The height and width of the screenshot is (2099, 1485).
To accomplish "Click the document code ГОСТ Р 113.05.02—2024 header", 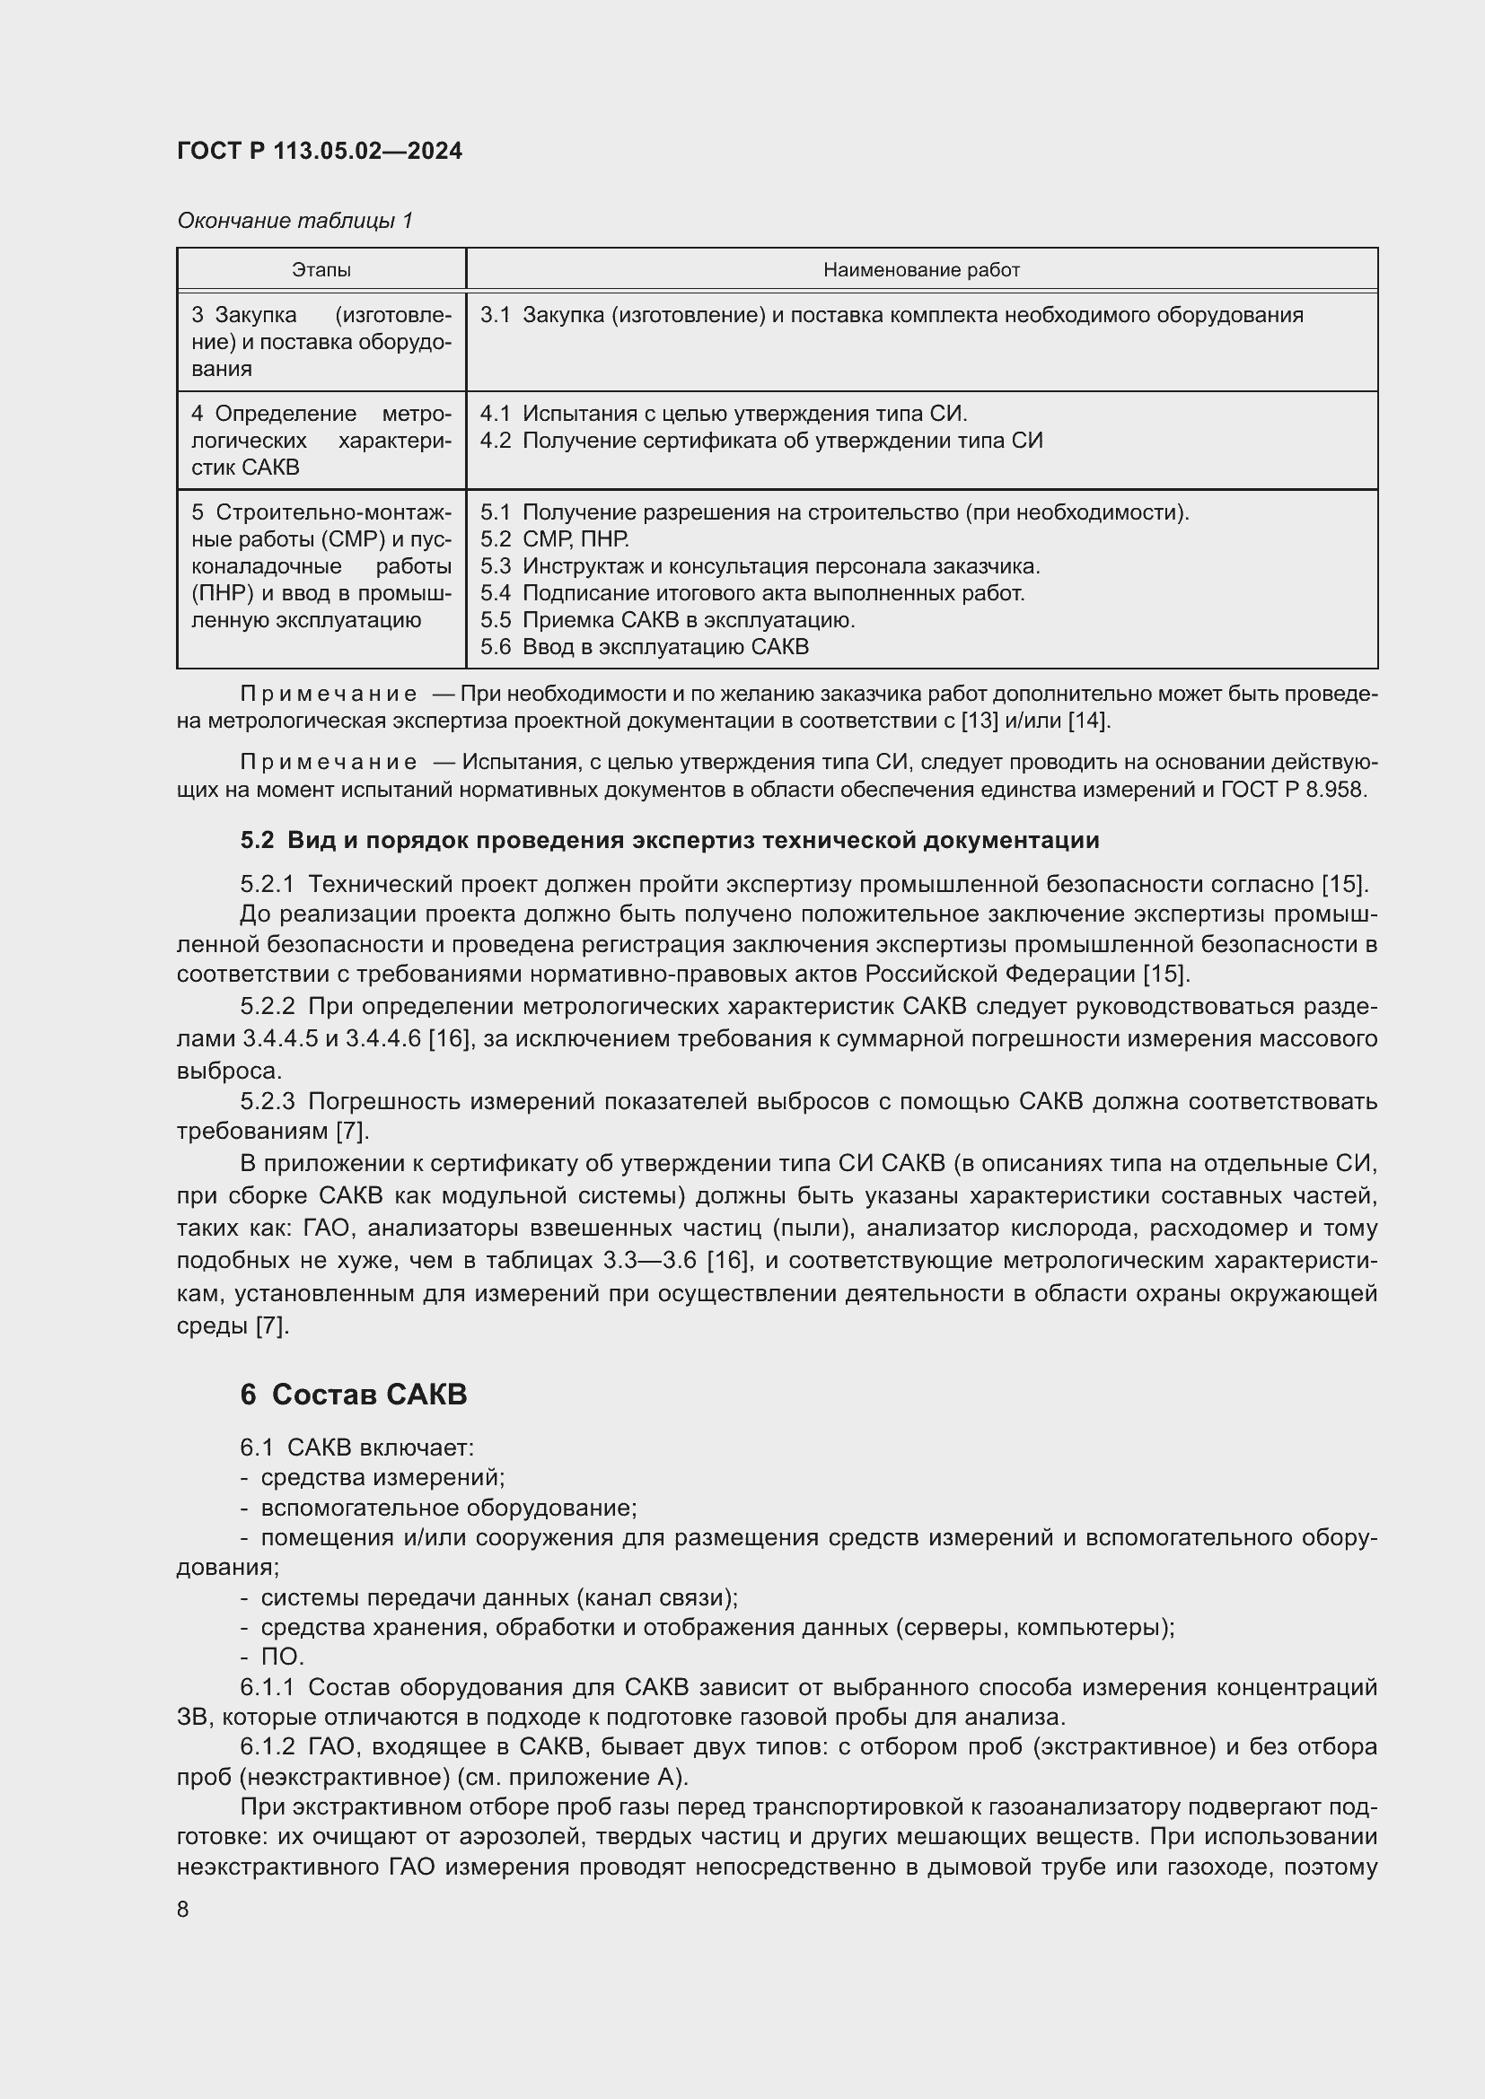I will [x=319, y=151].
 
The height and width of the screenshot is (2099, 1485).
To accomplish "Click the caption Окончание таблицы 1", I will [x=294, y=221].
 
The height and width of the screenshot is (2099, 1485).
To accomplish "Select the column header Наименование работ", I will [x=921, y=270].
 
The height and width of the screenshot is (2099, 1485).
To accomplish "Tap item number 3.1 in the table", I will [x=495, y=315].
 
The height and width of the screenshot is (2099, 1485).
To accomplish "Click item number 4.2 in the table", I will [x=495, y=441].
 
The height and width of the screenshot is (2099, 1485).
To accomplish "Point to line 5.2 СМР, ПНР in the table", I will [x=554, y=539].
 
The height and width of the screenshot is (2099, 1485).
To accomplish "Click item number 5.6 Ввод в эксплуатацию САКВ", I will [x=645, y=647].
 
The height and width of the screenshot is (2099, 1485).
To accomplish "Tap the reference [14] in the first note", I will [x=1088, y=722].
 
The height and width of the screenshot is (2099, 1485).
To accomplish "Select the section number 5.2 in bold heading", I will [x=257, y=840].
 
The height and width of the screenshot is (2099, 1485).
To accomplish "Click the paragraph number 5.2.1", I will [x=267, y=884].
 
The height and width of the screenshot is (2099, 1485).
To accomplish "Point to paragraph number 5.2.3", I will [x=267, y=1102].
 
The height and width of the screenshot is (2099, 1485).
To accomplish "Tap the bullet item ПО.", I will [x=282, y=1657].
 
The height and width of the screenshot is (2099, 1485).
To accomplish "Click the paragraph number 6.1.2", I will [x=267, y=1746].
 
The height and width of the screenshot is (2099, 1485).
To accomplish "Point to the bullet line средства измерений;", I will [x=382, y=1477].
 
